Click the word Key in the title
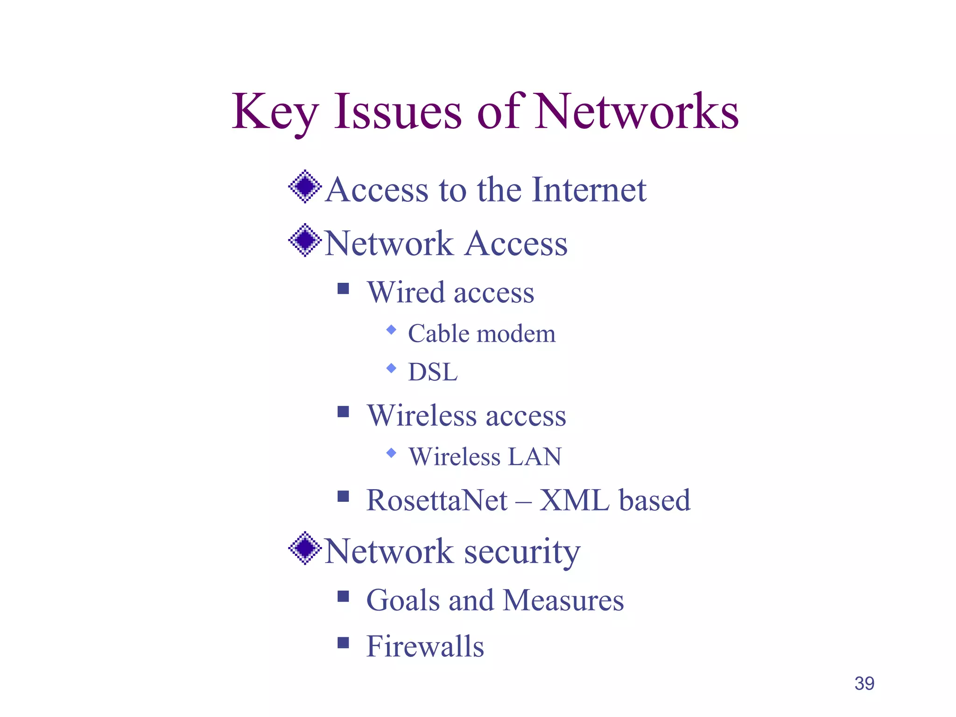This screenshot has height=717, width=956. pos(275,112)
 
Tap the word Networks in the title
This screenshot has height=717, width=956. pos(637,112)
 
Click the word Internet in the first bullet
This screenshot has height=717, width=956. pos(589,190)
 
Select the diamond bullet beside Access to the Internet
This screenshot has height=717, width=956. pos(305,187)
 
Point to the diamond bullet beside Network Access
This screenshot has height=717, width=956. pos(305,240)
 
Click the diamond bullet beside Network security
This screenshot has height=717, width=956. pos(305,548)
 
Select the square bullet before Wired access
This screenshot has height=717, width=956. pos(343,289)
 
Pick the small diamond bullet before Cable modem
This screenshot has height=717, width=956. pos(391,330)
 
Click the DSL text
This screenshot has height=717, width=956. pos(433,373)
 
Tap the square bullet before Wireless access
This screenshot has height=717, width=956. pos(343,412)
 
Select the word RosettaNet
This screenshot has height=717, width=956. pos(437,500)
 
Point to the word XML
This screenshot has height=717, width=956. pos(575,500)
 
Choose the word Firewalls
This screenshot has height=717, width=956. pos(425,647)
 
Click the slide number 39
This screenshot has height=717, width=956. pos(864,683)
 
